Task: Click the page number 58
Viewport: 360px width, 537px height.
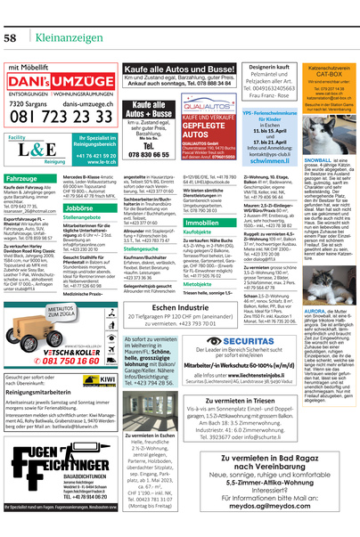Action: pos(14,15)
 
